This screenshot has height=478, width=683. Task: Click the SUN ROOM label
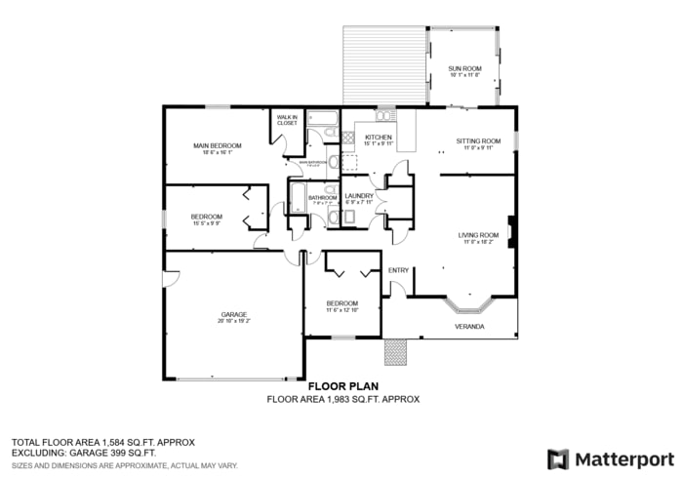464,67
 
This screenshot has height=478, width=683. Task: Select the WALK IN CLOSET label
287,121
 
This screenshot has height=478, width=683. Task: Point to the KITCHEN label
379,138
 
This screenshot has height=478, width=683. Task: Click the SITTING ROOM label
478,141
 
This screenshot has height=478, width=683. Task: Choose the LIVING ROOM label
478,235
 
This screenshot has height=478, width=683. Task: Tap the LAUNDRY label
359,196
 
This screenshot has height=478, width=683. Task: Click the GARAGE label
233,314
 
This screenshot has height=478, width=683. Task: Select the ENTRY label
398,270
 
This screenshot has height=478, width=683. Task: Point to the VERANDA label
469,326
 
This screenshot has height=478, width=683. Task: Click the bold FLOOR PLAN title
342,386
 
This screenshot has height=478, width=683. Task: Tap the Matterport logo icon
557,458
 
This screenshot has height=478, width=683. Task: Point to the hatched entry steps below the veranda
394,351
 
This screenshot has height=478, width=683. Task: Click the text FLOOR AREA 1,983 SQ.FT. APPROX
342,399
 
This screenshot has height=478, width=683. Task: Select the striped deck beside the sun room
384,64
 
